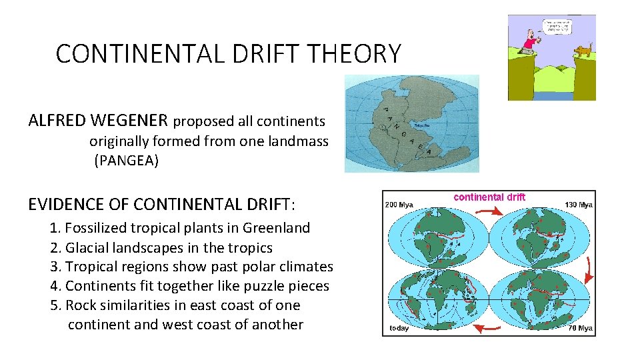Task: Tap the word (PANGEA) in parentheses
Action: click(x=126, y=161)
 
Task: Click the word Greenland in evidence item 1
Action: click(x=276, y=228)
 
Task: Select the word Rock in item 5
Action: click(x=80, y=305)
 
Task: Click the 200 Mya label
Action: click(x=399, y=205)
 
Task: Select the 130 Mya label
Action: click(x=579, y=205)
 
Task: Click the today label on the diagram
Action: click(x=399, y=328)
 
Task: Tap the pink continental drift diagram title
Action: click(x=489, y=197)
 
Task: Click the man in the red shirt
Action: click(x=529, y=42)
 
